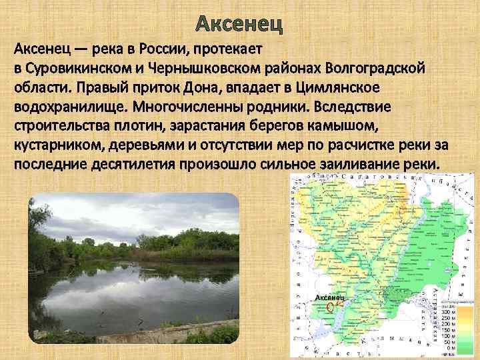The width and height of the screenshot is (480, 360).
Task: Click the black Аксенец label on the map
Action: coord(329,296)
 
